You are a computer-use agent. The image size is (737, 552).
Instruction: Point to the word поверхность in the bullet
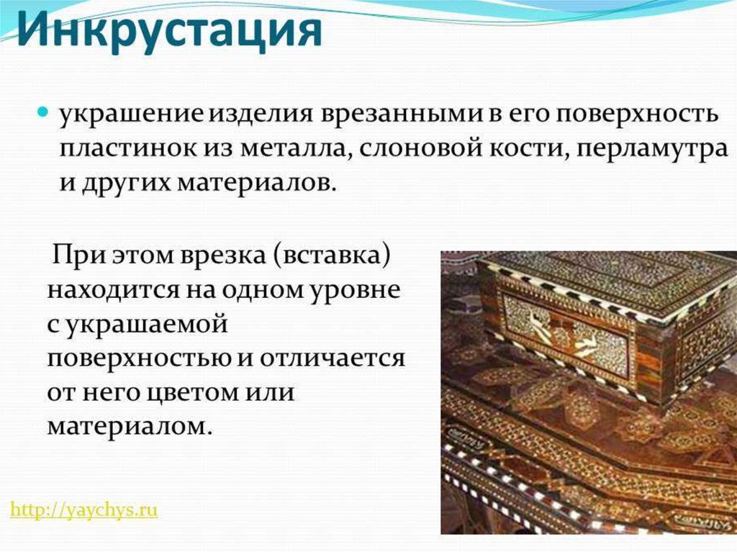pyautogui.click(x=637, y=115)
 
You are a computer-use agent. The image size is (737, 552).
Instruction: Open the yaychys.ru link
pyautogui.click(x=83, y=510)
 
